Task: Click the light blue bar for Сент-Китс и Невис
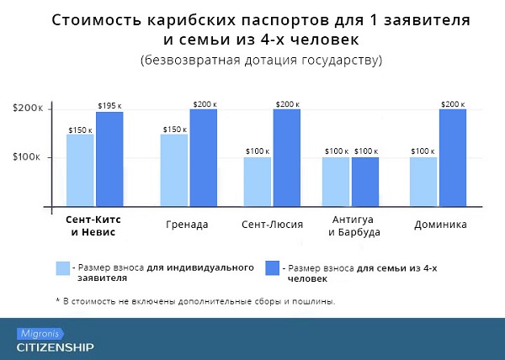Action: click(81, 171)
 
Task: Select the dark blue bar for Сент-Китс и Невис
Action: click(109, 160)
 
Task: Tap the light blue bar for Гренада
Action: click(174, 171)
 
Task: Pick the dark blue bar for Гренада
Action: click(203, 158)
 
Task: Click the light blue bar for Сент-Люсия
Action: click(258, 182)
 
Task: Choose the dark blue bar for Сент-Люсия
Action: click(286, 158)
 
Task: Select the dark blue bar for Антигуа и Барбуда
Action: click(365, 182)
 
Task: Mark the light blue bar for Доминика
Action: click(423, 182)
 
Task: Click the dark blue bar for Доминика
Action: click(452, 158)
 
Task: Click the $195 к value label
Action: click(109, 104)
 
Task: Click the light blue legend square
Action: click(63, 268)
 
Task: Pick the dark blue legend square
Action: click(273, 268)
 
